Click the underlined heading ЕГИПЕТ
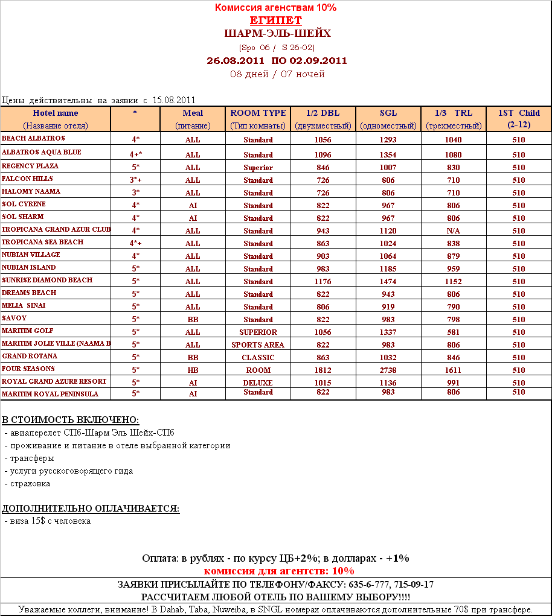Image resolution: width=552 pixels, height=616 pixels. tap(275, 21)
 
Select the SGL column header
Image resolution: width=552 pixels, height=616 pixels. tap(388, 113)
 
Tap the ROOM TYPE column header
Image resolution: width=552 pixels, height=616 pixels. tap(258, 113)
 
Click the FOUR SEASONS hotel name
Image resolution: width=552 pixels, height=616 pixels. tap(28, 369)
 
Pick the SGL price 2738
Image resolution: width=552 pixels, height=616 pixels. tap(388, 370)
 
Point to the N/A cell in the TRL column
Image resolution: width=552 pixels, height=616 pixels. tap(454, 230)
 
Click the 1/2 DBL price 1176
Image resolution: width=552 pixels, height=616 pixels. tap(323, 281)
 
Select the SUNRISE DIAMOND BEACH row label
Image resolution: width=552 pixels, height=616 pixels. tap(47, 280)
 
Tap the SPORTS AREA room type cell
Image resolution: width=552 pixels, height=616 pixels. tap(258, 345)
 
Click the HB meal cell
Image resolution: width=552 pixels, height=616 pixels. tap(193, 370)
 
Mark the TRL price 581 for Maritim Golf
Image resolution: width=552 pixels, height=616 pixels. tap(454, 332)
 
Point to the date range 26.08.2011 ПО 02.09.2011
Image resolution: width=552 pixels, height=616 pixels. tap(277, 60)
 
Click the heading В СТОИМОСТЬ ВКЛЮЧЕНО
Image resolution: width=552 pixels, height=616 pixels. tap(71, 420)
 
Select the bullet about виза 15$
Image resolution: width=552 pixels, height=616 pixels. tap(48, 521)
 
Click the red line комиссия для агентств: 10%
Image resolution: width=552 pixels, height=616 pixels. tap(279, 571)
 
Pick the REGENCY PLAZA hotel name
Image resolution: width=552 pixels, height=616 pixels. tap(30, 166)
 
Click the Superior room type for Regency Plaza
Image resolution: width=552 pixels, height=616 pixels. tap(258, 167)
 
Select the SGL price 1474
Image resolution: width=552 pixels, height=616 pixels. tap(388, 281)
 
